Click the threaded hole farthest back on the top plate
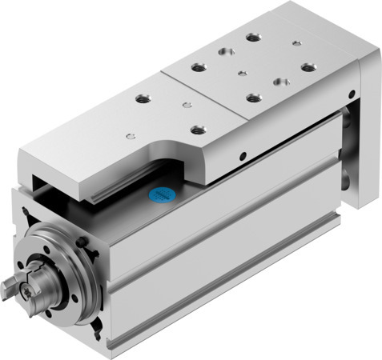254,37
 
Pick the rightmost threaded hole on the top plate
308,67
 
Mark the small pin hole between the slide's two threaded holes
186,104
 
